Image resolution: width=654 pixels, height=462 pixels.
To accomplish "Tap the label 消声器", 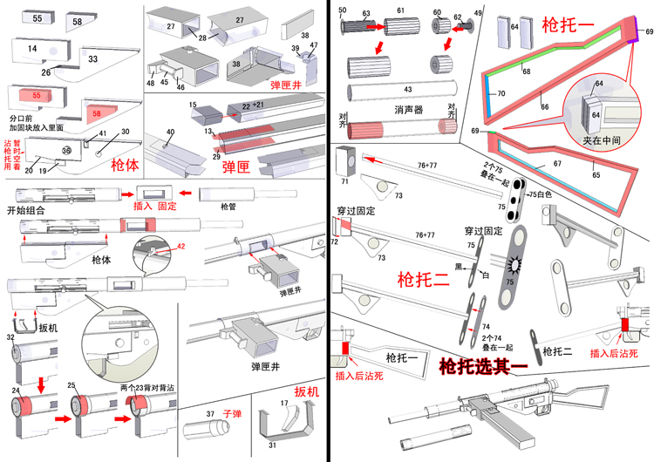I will (x=406, y=111).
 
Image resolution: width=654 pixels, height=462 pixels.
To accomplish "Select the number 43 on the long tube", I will (x=407, y=90).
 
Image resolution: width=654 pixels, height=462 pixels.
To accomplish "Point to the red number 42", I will (x=181, y=247).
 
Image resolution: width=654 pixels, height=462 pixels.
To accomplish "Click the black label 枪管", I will (x=228, y=207).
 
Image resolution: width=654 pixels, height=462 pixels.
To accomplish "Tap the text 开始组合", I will (x=27, y=209).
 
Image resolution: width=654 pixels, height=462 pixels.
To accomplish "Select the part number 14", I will (x=32, y=49).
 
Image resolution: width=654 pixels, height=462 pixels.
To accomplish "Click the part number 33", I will (x=92, y=59).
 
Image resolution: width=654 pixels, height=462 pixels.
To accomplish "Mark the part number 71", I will (x=344, y=182).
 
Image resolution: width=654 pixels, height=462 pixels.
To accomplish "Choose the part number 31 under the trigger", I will (x=272, y=445).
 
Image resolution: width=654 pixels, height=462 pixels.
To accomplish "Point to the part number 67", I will (x=558, y=163).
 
